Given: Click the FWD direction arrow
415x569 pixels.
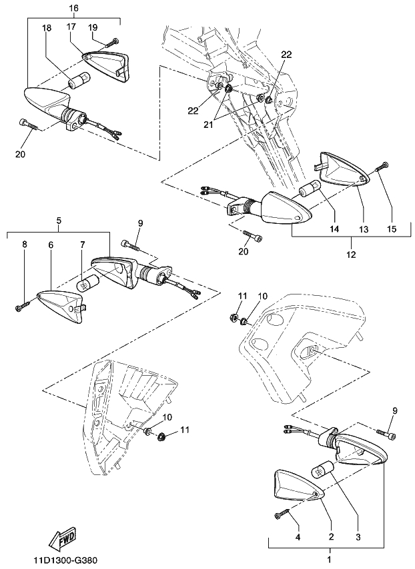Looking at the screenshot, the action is pos(63,538).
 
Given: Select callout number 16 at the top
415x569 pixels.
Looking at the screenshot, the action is pos(74,7).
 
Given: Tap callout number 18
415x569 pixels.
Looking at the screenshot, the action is pos(47,28).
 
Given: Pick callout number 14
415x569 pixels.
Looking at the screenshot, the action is pos(334,229).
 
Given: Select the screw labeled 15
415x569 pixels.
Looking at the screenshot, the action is pos(381,169).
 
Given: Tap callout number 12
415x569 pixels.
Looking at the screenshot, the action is pos(352,254).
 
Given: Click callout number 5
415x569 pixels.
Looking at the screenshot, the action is pos(59,221).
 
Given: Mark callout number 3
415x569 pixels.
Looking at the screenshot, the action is pos(358,537).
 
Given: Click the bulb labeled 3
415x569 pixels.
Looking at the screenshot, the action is pos(323,472).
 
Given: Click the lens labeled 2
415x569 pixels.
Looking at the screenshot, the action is pos(298,489).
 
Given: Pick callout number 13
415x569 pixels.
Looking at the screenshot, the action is pos(364,229).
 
